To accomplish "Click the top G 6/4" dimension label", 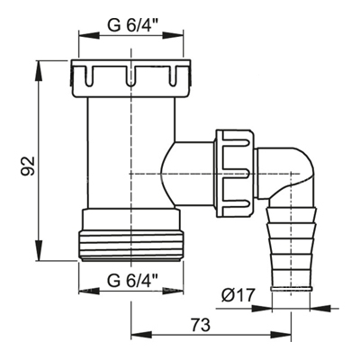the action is click(133, 26).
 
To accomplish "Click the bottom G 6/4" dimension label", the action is click(133, 281).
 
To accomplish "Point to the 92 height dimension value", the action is click(30, 166).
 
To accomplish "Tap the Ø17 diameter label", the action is click(238, 296).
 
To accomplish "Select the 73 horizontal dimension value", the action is click(202, 325).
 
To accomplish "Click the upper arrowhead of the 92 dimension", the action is click(39, 71).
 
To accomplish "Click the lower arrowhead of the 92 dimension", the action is click(39, 250).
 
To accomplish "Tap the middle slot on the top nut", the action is click(130, 76).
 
